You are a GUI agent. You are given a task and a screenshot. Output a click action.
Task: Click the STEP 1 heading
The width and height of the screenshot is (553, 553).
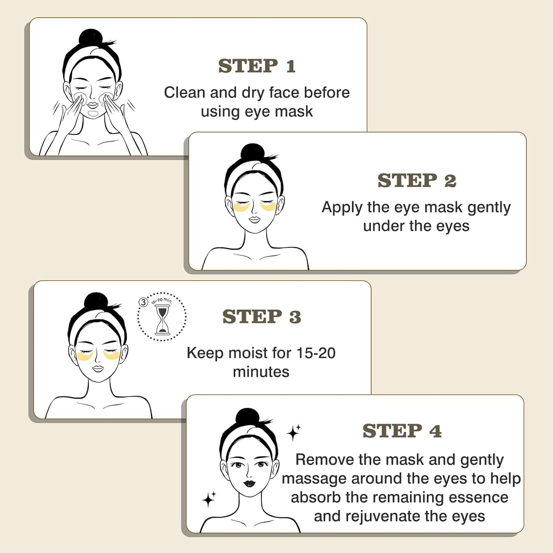pyautogui.click(x=257, y=66)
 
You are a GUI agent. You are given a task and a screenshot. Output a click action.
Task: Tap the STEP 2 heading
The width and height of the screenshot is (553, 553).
pyautogui.click(x=416, y=181)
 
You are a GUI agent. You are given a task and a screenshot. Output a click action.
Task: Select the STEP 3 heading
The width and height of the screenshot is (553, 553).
pyautogui.click(x=261, y=316)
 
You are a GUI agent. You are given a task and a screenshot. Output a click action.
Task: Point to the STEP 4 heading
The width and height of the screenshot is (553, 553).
pyautogui.click(x=402, y=431)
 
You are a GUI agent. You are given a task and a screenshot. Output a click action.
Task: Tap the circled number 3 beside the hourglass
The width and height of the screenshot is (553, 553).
pyautogui.click(x=143, y=302)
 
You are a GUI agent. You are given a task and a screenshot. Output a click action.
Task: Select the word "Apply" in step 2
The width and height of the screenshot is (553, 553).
pyautogui.click(x=342, y=207)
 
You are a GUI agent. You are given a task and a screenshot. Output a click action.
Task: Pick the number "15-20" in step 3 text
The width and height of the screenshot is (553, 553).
pyautogui.click(x=316, y=353)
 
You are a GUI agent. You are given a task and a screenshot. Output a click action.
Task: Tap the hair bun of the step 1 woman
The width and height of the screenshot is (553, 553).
pyautogui.click(x=90, y=38)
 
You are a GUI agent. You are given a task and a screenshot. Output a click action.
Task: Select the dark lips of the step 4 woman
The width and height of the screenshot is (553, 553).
pyautogui.click(x=249, y=484)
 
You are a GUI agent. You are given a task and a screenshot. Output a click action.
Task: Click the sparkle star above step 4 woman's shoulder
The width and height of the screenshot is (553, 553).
pyautogui.click(x=294, y=432)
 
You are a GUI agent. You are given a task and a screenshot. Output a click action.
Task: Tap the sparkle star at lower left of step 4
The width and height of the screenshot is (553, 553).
pyautogui.click(x=209, y=499)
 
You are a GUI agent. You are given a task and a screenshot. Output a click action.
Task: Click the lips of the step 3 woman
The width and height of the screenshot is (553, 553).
pyautogui.click(x=98, y=368)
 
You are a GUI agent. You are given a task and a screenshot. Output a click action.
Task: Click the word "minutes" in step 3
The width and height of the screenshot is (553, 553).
pyautogui.click(x=261, y=372)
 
